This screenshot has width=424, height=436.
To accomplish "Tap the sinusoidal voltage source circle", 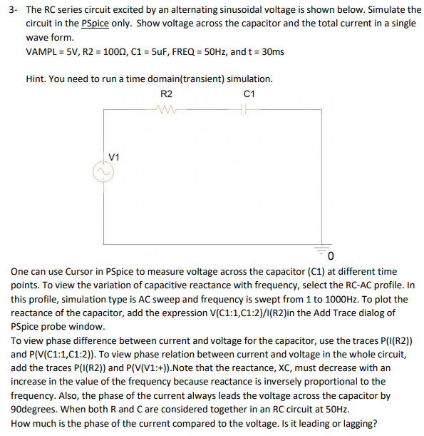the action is click(105, 173).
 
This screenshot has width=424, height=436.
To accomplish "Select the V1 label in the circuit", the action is click(114, 156).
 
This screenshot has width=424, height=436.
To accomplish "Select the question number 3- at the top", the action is click(12, 10).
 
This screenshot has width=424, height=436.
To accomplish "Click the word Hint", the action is click(36, 79).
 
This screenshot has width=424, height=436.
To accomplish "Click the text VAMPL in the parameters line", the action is click(42, 52).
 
